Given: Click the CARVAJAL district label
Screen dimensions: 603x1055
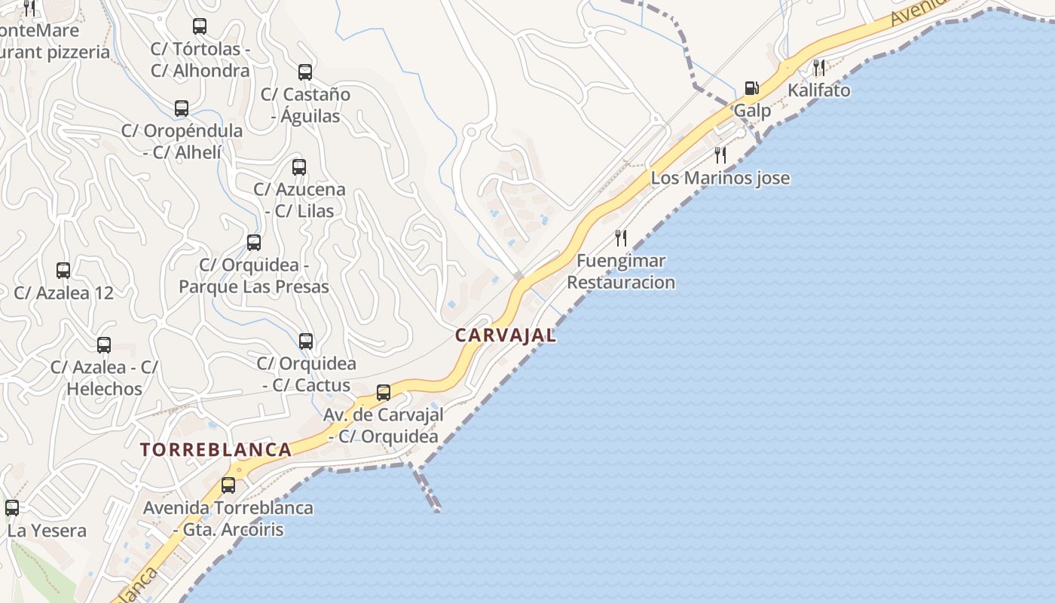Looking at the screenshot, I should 506,335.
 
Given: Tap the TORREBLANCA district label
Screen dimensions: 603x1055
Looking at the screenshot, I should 216,450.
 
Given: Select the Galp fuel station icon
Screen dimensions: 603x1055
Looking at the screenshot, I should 751,88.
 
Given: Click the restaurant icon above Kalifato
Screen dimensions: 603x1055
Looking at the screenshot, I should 819,68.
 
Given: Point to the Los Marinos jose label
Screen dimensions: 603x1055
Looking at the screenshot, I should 720,178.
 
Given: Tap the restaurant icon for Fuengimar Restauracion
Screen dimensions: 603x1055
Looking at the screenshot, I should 621,238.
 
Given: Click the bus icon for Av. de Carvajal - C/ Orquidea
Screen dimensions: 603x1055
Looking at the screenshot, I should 384,393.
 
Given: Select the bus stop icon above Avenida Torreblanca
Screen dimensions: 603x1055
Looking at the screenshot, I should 228,485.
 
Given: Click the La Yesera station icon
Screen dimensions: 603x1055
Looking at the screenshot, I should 12,508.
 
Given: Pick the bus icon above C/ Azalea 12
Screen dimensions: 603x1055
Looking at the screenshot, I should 63,271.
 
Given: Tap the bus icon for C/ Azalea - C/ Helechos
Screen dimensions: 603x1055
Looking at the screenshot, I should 104,345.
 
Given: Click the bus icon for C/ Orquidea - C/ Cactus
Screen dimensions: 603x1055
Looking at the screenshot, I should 306,341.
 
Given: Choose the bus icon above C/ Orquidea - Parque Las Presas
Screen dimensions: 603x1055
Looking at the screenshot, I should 254,243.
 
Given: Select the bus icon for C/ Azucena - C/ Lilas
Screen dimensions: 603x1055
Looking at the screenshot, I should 299,167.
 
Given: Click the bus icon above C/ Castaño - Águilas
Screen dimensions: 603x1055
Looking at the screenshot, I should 305,72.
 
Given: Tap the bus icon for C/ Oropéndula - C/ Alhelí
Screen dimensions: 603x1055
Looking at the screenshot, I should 182,109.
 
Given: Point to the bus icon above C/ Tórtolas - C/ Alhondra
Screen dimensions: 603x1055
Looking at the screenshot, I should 200,26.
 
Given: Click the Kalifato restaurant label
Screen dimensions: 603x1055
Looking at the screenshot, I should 818,90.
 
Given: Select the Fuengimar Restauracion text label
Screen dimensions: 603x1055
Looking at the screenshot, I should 621,272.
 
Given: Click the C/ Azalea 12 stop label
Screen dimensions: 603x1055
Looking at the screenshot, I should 64,293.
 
